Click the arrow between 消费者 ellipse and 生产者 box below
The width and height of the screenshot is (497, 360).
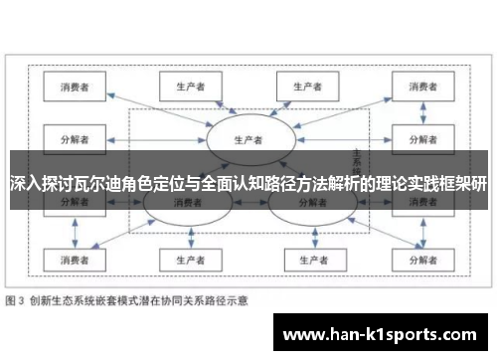pos(185,233)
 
